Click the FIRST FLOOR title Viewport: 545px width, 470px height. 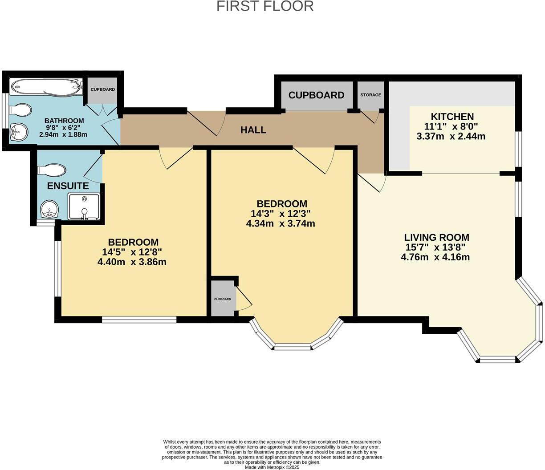pyautogui.click(x=265, y=6)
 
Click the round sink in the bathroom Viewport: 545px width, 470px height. pyautogui.click(x=19, y=132)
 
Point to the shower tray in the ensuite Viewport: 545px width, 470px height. pyautogui.click(x=84, y=206)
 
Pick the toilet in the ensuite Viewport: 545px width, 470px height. pyautogui.click(x=52, y=170)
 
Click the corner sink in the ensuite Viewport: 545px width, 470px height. pyautogui.click(x=49, y=209)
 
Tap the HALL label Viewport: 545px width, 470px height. pyautogui.click(x=253, y=130)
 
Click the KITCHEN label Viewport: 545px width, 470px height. pyautogui.click(x=452, y=117)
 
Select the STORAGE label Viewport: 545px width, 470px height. pyautogui.click(x=370, y=95)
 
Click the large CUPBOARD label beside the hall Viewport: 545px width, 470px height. pyautogui.click(x=316, y=95)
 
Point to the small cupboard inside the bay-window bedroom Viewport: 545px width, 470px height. pyautogui.click(x=223, y=299)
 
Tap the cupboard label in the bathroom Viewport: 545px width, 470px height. pyautogui.click(x=103, y=89)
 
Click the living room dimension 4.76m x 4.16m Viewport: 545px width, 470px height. pyautogui.click(x=435, y=257)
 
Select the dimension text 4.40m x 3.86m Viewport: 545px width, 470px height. pyautogui.click(x=132, y=262)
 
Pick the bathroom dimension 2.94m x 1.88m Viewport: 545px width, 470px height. pyautogui.click(x=63, y=134)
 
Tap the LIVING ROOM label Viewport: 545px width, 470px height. pyautogui.click(x=436, y=238)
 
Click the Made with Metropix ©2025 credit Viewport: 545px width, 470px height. pyautogui.click(x=272, y=467)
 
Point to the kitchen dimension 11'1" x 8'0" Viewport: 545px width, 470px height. pyautogui.click(x=451, y=127)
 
